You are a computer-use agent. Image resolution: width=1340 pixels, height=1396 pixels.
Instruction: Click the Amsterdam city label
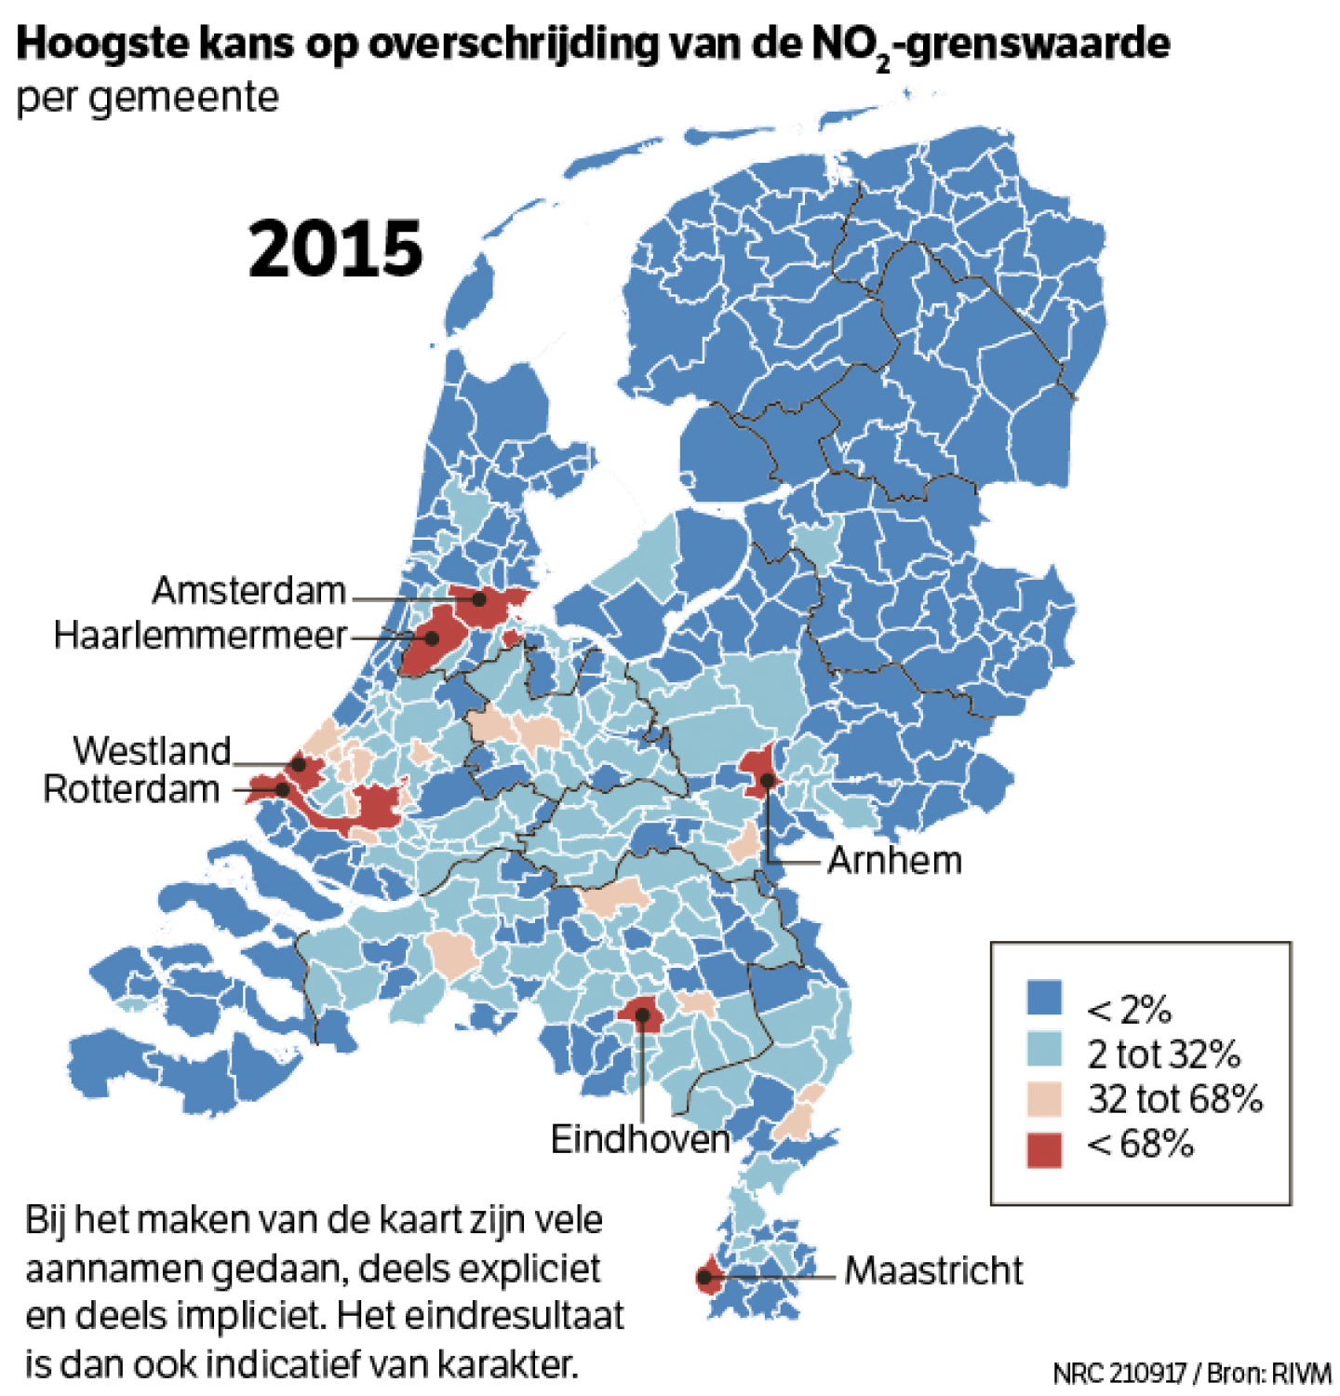click(x=248, y=590)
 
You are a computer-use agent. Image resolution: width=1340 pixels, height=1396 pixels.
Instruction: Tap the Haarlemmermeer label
click(x=200, y=636)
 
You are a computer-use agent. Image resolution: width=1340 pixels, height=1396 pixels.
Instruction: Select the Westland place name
click(x=152, y=750)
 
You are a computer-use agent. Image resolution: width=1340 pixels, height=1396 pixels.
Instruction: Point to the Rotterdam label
click(x=131, y=789)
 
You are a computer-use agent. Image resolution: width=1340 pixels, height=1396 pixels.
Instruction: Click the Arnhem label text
click(x=894, y=861)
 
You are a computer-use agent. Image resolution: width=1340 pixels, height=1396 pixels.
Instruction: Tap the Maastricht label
click(x=933, y=1270)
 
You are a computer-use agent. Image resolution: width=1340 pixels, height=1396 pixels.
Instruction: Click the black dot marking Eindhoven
click(x=642, y=1014)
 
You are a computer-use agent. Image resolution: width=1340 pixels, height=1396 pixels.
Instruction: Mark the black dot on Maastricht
click(x=704, y=1278)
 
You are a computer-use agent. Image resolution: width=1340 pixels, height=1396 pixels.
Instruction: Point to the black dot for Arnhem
click(x=767, y=780)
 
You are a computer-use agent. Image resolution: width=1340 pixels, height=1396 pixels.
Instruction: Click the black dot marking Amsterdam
click(x=479, y=599)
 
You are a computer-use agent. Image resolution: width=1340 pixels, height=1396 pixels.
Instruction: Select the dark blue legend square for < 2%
click(x=1044, y=997)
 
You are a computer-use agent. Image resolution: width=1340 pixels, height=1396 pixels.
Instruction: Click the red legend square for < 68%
click(x=1044, y=1149)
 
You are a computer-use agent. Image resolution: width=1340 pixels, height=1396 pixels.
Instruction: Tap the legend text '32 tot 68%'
click(x=1174, y=1099)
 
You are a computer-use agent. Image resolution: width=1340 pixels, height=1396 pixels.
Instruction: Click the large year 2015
click(x=335, y=249)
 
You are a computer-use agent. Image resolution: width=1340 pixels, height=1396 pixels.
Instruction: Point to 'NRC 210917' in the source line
click(x=1119, y=1373)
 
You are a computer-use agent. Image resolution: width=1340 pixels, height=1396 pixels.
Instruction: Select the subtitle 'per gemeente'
click(x=147, y=98)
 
